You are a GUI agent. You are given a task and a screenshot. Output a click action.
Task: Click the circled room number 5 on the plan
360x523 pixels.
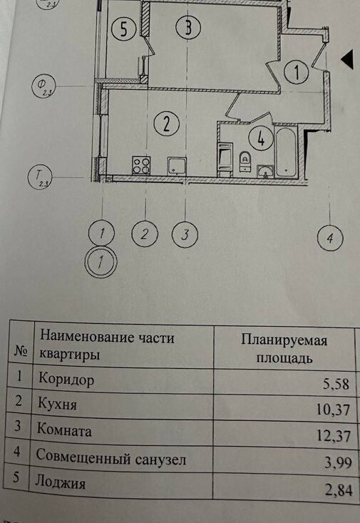pyautogui.click(x=123, y=29)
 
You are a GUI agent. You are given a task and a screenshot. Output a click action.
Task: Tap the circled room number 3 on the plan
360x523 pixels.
pyautogui.click(x=188, y=27)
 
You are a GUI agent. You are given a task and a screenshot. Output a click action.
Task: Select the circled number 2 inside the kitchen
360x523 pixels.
pyautogui.click(x=166, y=123)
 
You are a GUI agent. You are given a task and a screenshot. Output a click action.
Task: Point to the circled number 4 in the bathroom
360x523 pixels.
pyautogui.click(x=261, y=138)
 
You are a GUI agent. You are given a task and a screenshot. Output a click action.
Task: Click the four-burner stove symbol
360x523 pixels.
pyautogui.click(x=141, y=166)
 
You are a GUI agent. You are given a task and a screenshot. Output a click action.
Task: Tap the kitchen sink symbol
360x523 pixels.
pyautogui.click(x=177, y=166)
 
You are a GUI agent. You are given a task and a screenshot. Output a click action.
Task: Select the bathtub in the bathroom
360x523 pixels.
pyautogui.click(x=285, y=151)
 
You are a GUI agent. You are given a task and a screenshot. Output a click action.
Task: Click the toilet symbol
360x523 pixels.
pyautogui.click(x=245, y=161)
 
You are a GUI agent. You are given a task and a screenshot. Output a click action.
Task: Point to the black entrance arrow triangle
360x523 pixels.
pyautogui.click(x=347, y=59)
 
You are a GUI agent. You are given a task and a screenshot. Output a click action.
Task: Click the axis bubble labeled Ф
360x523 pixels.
pyautogui.click(x=43, y=86)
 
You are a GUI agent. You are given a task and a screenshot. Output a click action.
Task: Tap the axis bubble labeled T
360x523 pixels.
pyautogui.click(x=40, y=176)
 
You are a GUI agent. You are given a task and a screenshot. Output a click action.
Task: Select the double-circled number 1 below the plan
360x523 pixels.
pyautogui.click(x=101, y=262)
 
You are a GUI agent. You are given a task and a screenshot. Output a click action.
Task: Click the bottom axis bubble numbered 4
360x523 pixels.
pyautogui.click(x=330, y=238)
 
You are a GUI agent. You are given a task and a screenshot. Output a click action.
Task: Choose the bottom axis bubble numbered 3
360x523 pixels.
pyautogui.click(x=185, y=234)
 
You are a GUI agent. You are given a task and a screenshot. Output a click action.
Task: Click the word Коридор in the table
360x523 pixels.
pyautogui.click(x=66, y=380)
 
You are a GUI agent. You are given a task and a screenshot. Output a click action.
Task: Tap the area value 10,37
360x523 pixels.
pyautogui.click(x=333, y=410)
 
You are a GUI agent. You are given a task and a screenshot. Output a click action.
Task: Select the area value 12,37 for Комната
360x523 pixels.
pyautogui.click(x=334, y=436)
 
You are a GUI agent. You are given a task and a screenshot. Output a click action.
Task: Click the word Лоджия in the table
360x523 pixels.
pyautogui.click(x=61, y=482)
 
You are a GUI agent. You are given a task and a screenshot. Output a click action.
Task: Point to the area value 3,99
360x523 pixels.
pyautogui.click(x=339, y=462)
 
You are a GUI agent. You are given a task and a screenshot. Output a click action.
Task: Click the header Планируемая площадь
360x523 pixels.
pyautogui.click(x=284, y=349)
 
